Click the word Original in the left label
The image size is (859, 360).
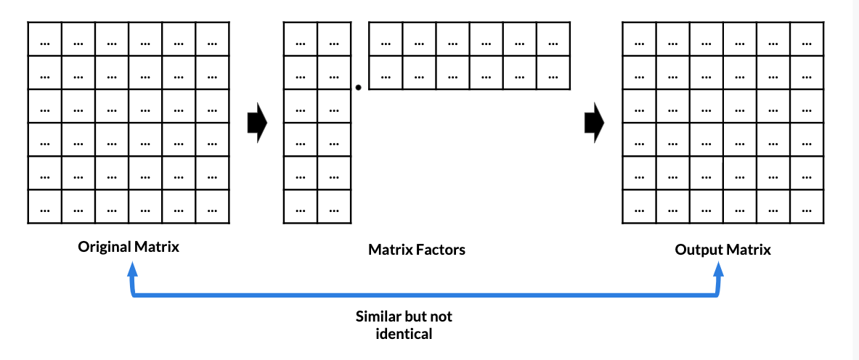point(105,247)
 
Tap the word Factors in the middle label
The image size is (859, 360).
point(441,250)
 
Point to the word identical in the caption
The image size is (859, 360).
point(404,334)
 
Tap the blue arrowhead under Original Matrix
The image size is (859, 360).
point(131,269)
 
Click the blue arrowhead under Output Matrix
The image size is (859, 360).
point(718,269)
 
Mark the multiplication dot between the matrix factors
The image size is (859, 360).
point(358,88)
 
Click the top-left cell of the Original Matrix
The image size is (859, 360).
point(45,39)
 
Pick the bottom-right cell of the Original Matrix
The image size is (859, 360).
point(212,206)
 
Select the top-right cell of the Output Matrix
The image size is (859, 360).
point(806,39)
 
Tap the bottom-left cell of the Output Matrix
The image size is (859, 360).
point(639,206)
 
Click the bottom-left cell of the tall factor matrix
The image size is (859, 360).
point(300,206)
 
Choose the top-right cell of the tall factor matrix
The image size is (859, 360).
point(334,39)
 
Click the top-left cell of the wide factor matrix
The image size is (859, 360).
point(386,39)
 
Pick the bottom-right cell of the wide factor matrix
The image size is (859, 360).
point(553,73)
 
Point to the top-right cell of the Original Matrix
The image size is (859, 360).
point(212,39)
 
